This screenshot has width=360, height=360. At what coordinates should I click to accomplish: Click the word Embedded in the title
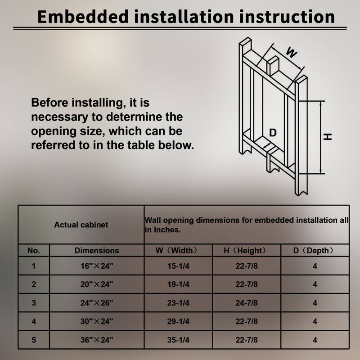click(x=83, y=17)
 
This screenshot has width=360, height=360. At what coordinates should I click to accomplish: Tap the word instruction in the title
click(x=287, y=17)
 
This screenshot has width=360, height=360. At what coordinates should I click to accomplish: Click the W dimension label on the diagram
click(x=292, y=52)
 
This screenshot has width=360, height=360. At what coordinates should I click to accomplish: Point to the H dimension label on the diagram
click(x=328, y=137)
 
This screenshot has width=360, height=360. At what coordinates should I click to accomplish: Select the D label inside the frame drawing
click(x=273, y=133)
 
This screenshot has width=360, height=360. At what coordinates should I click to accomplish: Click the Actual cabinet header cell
click(x=81, y=225)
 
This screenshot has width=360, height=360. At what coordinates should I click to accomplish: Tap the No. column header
click(x=34, y=251)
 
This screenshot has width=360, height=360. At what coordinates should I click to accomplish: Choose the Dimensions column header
click(x=97, y=251)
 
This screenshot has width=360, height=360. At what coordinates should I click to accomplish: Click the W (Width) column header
click(x=178, y=250)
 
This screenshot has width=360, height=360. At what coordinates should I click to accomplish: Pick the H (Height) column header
click(x=247, y=250)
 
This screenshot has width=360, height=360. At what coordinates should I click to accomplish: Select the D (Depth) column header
click(x=315, y=250)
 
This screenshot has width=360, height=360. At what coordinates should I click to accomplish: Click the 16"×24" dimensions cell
click(x=97, y=266)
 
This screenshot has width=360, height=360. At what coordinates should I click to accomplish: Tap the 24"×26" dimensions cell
click(x=97, y=303)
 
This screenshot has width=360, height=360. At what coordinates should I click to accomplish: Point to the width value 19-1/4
click(x=178, y=284)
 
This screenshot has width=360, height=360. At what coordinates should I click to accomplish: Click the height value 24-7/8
click(x=247, y=303)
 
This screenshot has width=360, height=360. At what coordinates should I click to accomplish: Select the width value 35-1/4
click(x=178, y=340)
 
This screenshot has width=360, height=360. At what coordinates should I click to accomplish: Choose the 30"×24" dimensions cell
click(x=97, y=321)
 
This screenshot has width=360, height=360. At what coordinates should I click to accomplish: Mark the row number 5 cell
click(x=34, y=340)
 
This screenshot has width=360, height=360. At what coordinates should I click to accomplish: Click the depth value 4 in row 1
click(x=315, y=266)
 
